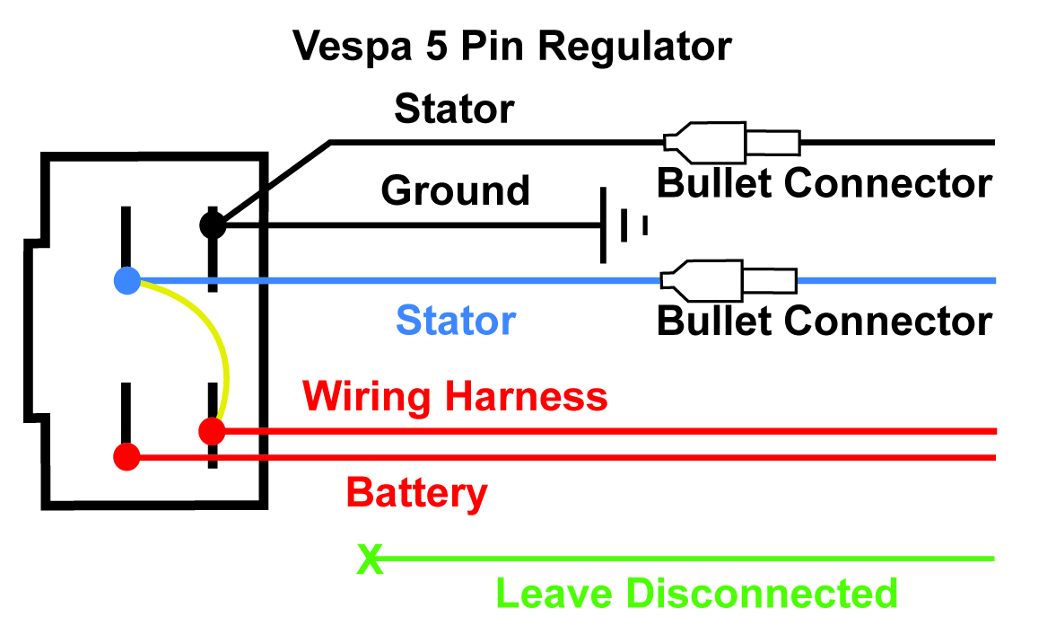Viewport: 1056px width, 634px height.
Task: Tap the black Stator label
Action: [x=455, y=110]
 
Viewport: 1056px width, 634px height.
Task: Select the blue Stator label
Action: [x=456, y=321]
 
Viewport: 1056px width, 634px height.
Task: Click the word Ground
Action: [x=455, y=190]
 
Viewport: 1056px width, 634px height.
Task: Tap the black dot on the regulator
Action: [x=213, y=224]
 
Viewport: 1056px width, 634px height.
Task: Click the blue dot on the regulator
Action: [x=127, y=281]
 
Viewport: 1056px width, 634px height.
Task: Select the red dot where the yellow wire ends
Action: [x=213, y=431]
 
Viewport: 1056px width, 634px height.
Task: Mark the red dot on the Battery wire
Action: [x=127, y=457]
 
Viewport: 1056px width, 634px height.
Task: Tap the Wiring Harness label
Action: [x=455, y=396]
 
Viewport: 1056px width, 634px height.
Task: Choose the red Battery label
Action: [x=416, y=493]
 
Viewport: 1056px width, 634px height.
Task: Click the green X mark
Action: [x=369, y=559]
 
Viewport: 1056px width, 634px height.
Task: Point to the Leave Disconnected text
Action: [x=696, y=594]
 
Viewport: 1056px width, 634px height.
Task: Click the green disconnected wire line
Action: [x=682, y=559]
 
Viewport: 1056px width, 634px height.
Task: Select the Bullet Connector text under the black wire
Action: [x=825, y=183]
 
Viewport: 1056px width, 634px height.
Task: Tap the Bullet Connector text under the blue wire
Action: [x=825, y=321]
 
